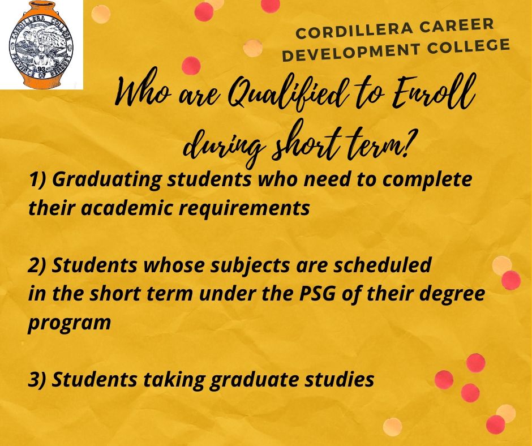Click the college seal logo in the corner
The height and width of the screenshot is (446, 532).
(41, 45)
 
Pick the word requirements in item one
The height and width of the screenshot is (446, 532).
(244, 208)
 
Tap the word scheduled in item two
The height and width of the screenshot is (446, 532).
(383, 264)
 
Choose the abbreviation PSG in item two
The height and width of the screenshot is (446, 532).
(317, 293)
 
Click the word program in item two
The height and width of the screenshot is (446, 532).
(70, 323)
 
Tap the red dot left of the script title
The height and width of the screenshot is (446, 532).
(191, 65)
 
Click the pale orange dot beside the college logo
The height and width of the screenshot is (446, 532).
(101, 14)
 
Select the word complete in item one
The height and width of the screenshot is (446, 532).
(427, 180)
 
